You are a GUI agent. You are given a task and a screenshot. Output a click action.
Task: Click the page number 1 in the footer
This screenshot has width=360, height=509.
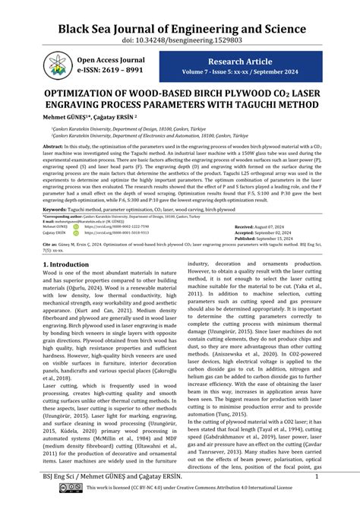[x=315, y=477]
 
